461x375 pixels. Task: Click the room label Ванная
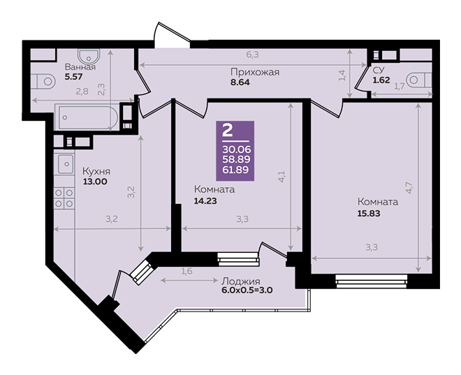point(80,67)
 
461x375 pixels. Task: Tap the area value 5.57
point(73,77)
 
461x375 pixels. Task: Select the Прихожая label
point(255,73)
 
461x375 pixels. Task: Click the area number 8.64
point(240,82)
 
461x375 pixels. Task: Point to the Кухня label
point(96,171)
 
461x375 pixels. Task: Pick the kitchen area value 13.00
point(95,182)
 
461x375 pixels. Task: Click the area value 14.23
point(205,201)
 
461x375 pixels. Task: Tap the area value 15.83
point(369,214)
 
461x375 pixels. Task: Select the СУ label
point(379,71)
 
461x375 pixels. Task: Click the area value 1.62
point(381,80)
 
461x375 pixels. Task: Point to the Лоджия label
point(241,281)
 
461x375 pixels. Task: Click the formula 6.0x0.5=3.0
point(247,291)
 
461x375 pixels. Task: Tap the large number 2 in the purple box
point(227,130)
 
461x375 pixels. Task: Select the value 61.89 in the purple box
point(236,170)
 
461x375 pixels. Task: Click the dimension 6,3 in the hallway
point(253,54)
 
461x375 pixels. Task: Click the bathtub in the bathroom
point(87,117)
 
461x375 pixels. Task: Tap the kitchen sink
point(65,163)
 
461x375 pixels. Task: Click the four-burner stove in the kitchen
point(64,198)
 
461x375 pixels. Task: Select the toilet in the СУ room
point(418,80)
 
